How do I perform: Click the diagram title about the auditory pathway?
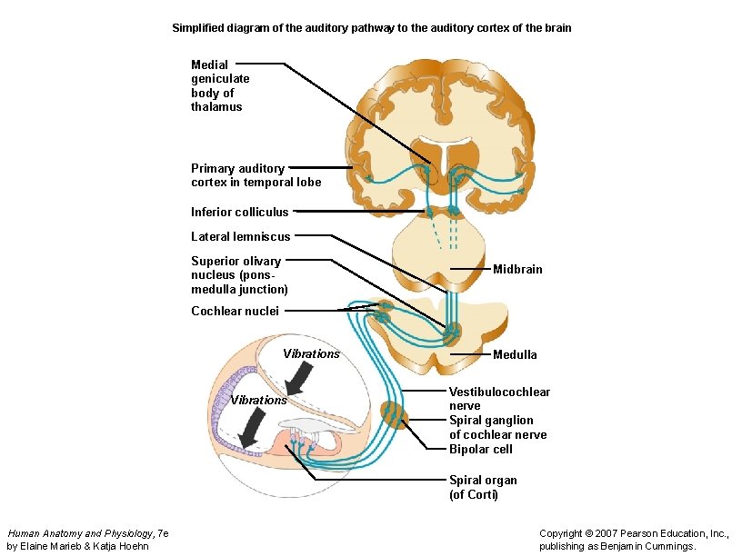[x=372, y=28]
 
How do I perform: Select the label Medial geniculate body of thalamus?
[x=220, y=85]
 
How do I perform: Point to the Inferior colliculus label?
[x=239, y=213]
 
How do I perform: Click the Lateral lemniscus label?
[x=240, y=237]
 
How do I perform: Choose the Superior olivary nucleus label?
[x=239, y=275]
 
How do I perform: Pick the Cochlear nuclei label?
[x=235, y=312]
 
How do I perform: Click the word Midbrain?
[x=516, y=270]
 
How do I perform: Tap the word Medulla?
[x=515, y=354]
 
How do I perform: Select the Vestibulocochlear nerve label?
[x=499, y=399]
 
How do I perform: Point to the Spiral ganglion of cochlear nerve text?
[x=497, y=428]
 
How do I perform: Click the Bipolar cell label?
[x=480, y=450]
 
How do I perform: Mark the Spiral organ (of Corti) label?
[x=483, y=488]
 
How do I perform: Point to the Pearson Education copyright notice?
[x=634, y=540]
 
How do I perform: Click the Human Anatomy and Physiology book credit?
[x=87, y=540]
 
